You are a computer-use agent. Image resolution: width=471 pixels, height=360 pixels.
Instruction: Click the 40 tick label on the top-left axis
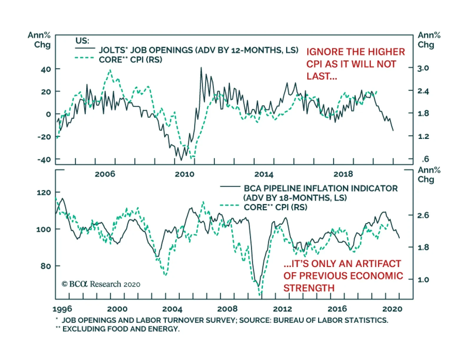46,69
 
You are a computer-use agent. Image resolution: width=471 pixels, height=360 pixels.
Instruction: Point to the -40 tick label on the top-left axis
44,160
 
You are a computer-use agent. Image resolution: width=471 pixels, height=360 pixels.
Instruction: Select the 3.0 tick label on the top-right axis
423,68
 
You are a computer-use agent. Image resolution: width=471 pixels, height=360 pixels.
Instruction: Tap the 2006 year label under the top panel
105,174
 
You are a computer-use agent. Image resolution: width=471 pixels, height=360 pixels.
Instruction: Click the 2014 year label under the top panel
264,174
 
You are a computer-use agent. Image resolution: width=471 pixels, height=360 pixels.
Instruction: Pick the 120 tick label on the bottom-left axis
44,193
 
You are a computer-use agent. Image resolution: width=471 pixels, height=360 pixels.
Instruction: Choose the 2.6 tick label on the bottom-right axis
423,215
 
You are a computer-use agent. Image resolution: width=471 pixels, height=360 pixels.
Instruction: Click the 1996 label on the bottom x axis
62,309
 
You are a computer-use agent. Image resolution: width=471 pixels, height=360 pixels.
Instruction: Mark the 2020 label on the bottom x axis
392,309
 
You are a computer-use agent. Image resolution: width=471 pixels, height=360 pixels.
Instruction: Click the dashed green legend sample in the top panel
84,58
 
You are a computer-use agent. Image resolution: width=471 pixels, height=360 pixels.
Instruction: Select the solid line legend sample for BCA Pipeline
230,186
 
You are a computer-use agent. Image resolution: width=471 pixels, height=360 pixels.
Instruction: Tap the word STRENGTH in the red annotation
309,288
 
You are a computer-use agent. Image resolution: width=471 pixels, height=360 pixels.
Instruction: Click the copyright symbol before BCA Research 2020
64,284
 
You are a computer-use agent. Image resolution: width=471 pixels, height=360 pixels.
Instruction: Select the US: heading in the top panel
82,41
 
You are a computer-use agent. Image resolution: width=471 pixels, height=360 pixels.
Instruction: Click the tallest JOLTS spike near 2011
201,68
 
